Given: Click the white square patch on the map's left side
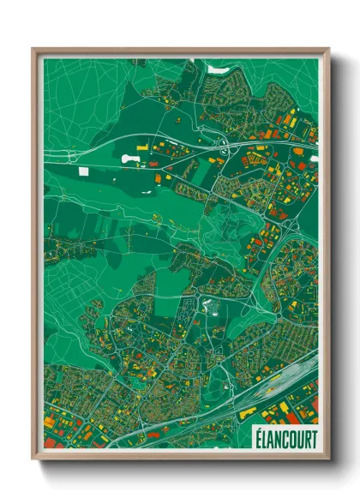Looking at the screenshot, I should [x=83, y=171].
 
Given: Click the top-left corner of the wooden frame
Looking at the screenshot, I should [x=34, y=50].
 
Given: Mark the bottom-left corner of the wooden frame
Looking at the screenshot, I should [x=34, y=460].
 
